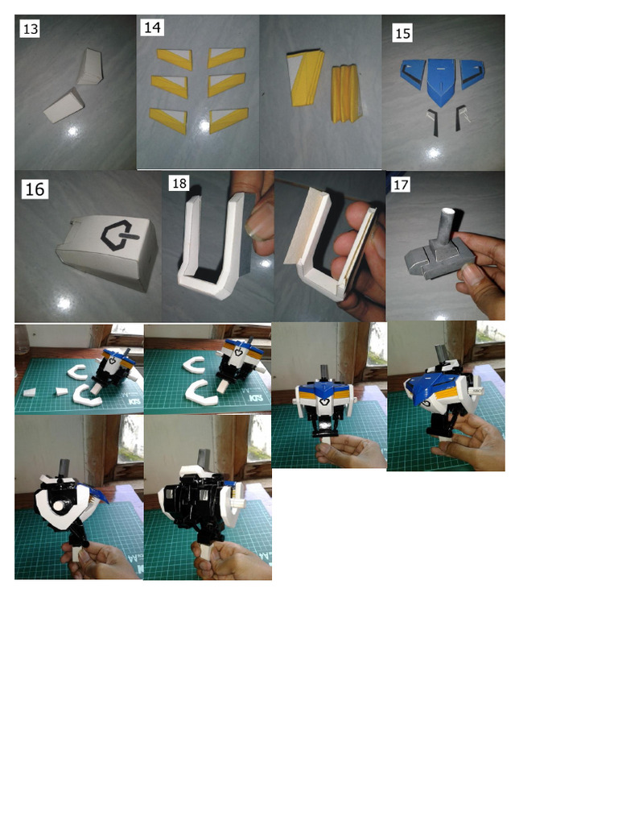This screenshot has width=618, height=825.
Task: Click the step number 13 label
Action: click(x=30, y=29)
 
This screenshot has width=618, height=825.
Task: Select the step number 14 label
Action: click(x=152, y=27)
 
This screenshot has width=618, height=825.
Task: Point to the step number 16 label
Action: click(x=35, y=189)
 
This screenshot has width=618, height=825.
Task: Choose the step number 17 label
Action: click(x=402, y=185)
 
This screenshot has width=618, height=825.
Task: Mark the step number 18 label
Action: click(x=179, y=184)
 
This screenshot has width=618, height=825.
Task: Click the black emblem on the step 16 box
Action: click(x=117, y=235)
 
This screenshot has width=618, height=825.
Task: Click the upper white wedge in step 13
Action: click(x=89, y=67)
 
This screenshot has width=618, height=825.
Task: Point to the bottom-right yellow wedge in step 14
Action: click(x=229, y=120)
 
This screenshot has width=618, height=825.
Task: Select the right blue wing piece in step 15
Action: click(x=472, y=75)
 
